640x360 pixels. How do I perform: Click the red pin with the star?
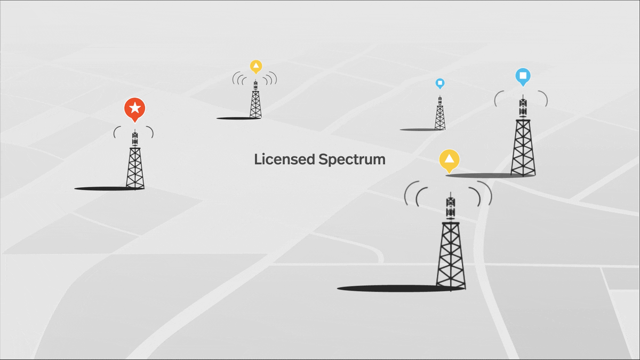[x=135, y=109]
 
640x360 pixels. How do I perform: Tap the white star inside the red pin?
[x=135, y=108]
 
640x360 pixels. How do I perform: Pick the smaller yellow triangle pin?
[x=256, y=67]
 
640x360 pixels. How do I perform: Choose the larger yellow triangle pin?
[x=450, y=160]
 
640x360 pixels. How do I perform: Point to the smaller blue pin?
[x=439, y=83]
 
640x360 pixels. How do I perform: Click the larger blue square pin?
[x=523, y=77]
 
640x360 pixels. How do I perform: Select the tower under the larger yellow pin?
[x=451, y=251]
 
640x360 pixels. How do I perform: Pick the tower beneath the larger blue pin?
[x=523, y=144]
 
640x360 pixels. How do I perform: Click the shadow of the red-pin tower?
[x=101, y=188]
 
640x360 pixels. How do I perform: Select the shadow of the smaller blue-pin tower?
[x=419, y=130]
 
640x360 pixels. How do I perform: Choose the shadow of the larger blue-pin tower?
[x=480, y=175]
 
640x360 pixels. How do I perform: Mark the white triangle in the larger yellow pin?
[x=450, y=158]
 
